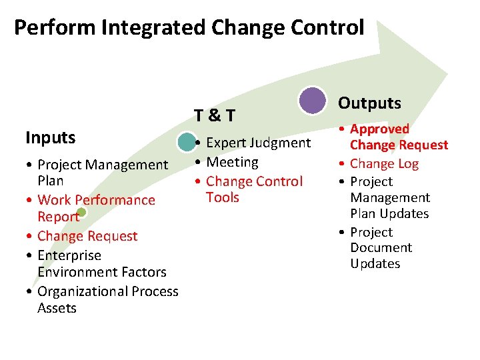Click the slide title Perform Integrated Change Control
(x=189, y=28)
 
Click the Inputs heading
(x=51, y=138)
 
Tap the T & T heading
(x=214, y=115)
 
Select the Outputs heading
(x=369, y=103)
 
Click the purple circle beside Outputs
(x=312, y=101)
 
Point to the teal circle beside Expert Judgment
(x=187, y=143)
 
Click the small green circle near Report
(x=81, y=214)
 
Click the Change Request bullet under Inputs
(x=87, y=236)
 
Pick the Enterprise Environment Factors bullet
(x=101, y=263)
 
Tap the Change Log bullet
(x=384, y=163)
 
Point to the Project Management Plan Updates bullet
(x=389, y=197)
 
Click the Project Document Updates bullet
(x=381, y=247)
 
